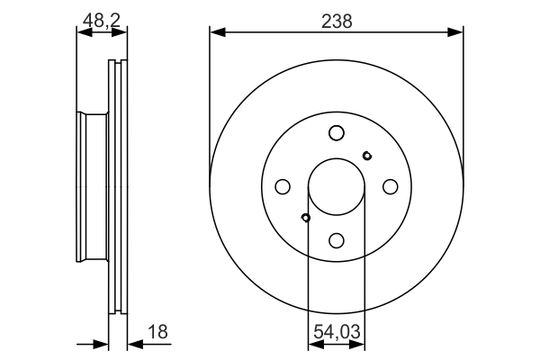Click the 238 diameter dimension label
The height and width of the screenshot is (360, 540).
[x=337, y=22]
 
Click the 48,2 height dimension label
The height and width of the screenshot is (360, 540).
[x=102, y=20]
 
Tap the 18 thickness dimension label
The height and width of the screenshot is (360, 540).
[x=157, y=332]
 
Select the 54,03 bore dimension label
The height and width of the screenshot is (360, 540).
[x=337, y=332]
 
